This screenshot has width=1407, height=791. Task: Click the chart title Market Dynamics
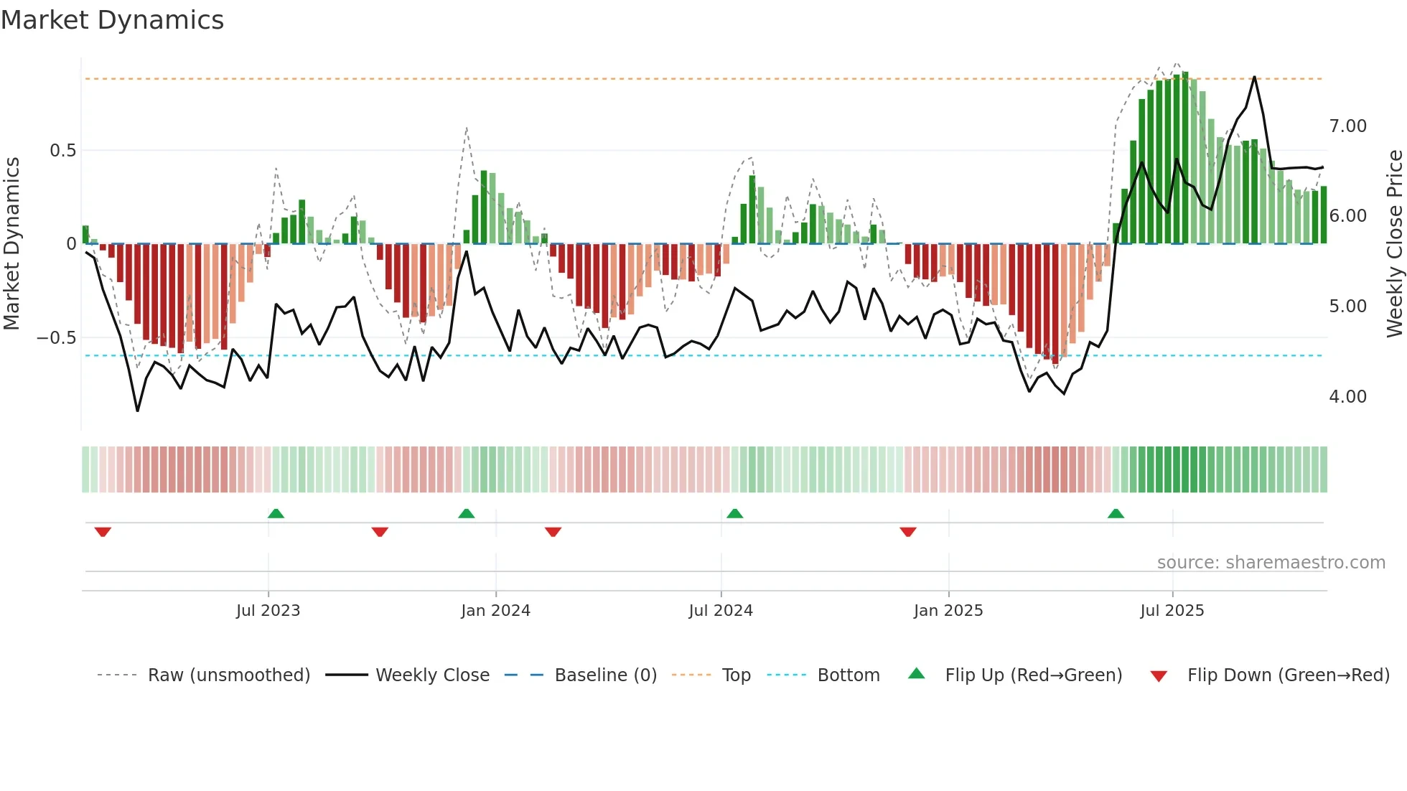(112, 20)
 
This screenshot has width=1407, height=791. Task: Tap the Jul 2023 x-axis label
(268, 611)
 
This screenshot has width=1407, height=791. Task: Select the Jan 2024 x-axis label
(495, 611)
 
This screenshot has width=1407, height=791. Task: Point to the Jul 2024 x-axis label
(721, 611)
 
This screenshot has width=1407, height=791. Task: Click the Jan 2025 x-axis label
(948, 611)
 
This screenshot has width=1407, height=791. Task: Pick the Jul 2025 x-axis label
(1172, 611)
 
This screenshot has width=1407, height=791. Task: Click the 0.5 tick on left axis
(62, 151)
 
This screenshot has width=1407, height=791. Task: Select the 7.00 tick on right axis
(1347, 126)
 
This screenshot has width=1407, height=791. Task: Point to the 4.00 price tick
(1347, 397)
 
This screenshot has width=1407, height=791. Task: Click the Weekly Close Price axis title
(1394, 244)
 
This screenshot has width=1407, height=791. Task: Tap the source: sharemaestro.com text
(1271, 563)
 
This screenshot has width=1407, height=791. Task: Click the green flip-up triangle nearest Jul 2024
(734, 513)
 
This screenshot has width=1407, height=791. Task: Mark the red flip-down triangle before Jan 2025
(908, 532)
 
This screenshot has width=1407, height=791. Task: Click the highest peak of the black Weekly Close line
(1254, 77)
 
